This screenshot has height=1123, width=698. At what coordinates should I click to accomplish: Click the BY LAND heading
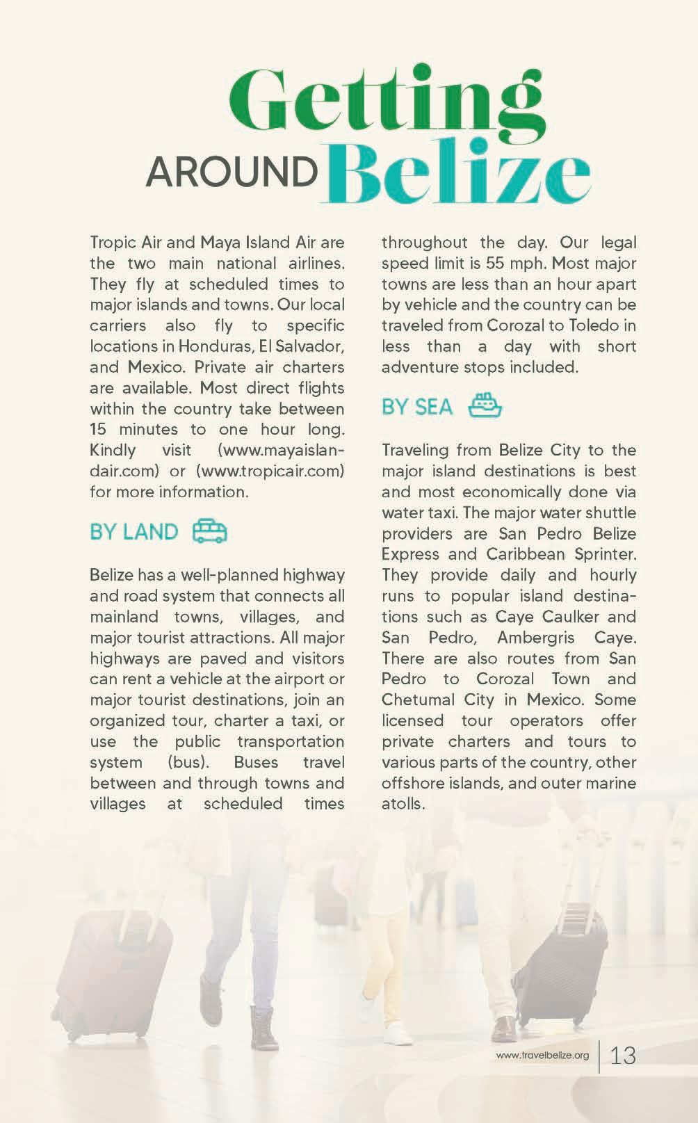[134, 532]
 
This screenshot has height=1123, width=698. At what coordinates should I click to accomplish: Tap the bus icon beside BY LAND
[209, 531]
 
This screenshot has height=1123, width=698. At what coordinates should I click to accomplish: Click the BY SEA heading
[417, 407]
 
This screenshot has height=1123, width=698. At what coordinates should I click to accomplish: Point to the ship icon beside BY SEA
[485, 405]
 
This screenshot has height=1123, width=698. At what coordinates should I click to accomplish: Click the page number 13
[622, 1056]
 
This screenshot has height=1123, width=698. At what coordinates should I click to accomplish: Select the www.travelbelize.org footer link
[542, 1056]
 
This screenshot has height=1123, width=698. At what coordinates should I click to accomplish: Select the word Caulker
[569, 617]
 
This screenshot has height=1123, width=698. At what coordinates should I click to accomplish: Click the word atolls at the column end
[403, 804]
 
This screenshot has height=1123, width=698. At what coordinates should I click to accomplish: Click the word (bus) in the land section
[188, 762]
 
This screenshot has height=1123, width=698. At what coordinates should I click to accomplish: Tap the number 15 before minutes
[99, 429]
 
